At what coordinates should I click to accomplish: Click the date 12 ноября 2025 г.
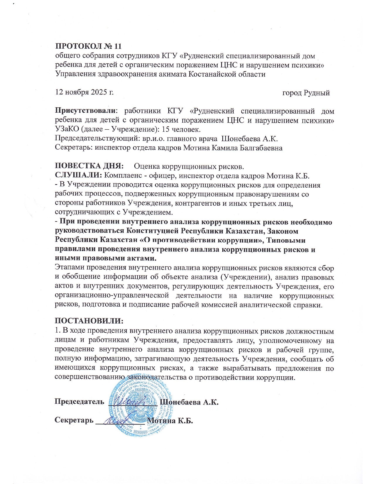(84, 92)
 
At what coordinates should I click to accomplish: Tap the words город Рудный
(306, 93)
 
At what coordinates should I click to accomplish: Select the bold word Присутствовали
(86, 111)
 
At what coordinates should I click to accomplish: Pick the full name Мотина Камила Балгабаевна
(233, 148)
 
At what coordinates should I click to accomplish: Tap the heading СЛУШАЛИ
(79, 176)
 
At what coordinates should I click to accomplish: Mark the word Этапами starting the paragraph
(69, 268)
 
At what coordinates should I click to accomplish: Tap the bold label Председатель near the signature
(79, 401)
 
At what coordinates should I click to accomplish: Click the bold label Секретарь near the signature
(74, 420)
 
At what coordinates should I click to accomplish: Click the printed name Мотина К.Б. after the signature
(170, 421)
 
